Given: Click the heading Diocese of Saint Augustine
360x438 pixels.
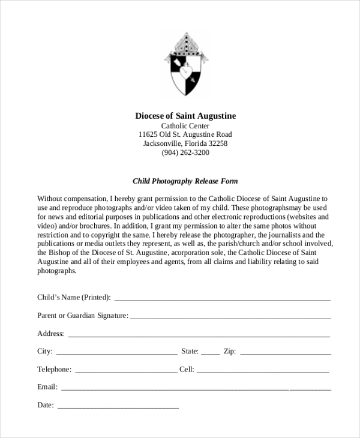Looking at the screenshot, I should click(x=185, y=115).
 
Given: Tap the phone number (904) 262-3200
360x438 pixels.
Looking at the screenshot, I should click(x=185, y=152).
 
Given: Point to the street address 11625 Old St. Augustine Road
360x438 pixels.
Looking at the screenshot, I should click(x=185, y=134).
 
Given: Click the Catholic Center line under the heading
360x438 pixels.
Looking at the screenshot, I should click(x=185, y=125).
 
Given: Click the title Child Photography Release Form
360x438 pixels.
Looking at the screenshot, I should click(x=185, y=181).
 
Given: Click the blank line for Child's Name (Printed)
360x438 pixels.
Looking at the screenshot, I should click(x=222, y=298).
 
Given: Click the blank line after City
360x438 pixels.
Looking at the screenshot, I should click(x=116, y=352).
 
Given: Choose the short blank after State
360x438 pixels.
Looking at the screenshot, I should click(x=210, y=352).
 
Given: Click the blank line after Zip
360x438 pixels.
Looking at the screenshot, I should click(x=284, y=352).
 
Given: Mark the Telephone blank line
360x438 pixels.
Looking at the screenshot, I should click(x=125, y=370).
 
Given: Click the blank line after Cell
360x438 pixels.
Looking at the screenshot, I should click(x=263, y=370).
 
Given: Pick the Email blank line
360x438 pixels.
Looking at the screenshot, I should click(x=196, y=388).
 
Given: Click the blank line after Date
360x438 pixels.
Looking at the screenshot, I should click(x=118, y=406).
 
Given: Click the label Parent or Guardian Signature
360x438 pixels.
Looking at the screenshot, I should click(x=82, y=315).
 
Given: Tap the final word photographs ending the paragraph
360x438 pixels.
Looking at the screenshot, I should click(x=56, y=271).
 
